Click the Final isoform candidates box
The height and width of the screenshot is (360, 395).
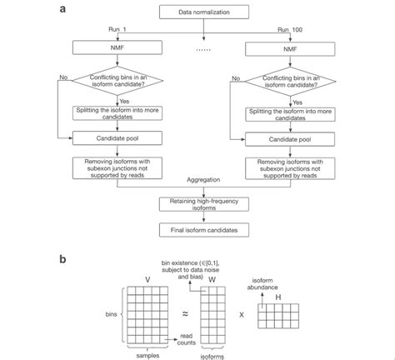(197, 228)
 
